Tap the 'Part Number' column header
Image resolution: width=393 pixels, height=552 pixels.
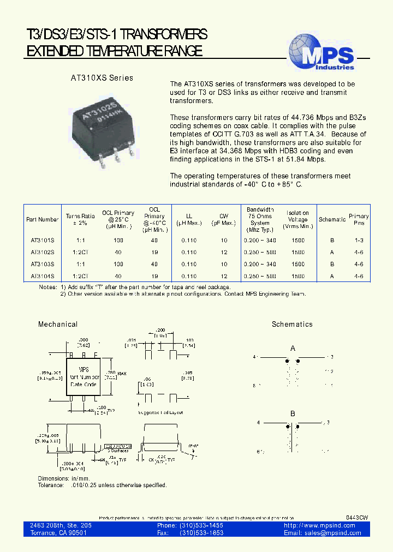42,219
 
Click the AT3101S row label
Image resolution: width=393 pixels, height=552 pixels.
42,240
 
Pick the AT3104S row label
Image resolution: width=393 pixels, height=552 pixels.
42,277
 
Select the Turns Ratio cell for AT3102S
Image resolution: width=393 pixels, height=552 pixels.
80,252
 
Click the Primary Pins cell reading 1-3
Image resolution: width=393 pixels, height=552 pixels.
359,240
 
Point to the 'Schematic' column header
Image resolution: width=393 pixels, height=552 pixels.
332,219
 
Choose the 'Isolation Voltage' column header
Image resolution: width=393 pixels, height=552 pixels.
298,219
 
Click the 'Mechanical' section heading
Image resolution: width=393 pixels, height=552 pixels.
58,324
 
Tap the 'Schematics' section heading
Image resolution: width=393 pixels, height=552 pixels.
292,324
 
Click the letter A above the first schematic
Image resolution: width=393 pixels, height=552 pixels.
293,349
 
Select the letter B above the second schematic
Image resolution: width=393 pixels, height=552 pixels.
293,414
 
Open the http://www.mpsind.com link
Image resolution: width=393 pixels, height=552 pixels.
320,525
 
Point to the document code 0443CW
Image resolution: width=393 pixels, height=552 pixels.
357,517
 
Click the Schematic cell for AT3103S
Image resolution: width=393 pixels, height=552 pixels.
332,264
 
